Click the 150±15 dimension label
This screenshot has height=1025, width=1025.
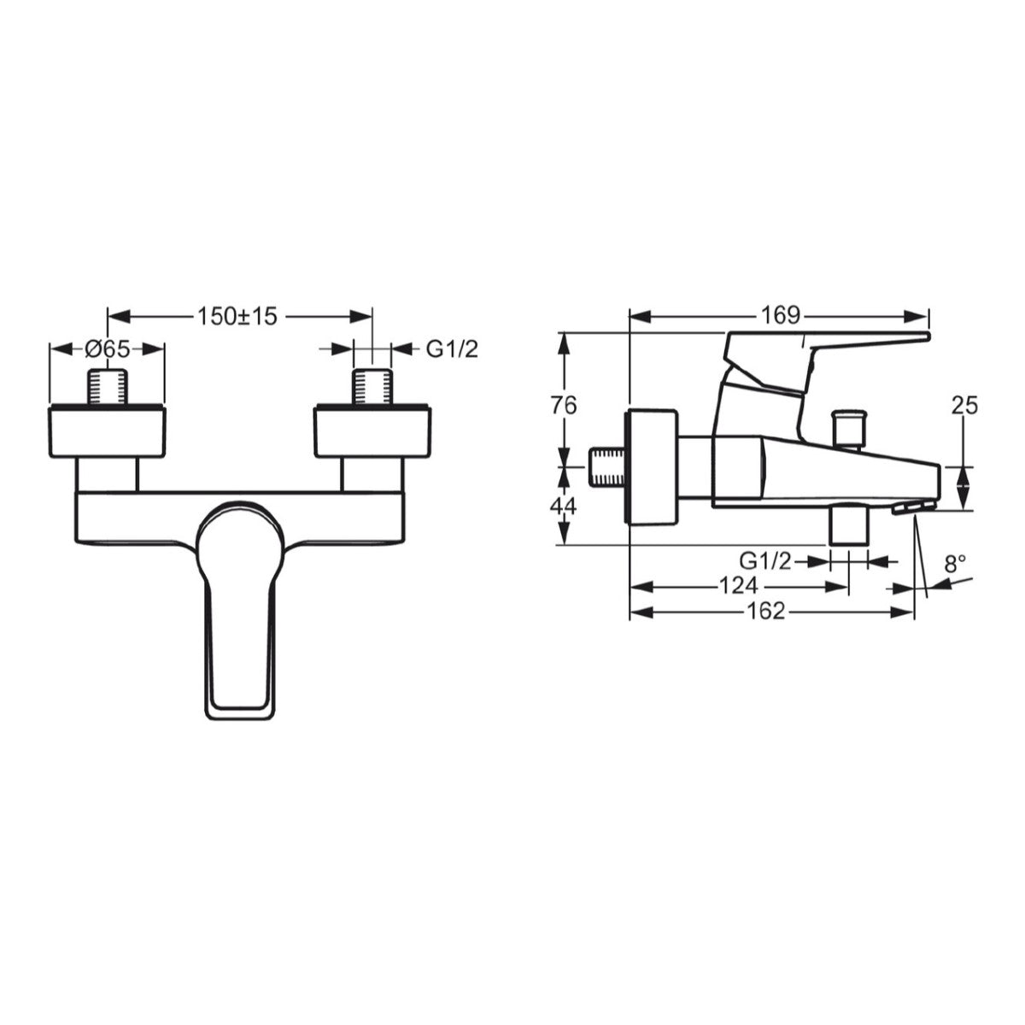tap(238, 316)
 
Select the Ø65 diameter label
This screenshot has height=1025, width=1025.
tap(107, 348)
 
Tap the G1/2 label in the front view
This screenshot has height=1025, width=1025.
tap(452, 348)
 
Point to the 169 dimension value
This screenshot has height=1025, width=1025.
tap(779, 315)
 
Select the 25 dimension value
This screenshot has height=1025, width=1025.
tap(964, 406)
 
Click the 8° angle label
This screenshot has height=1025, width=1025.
tap(955, 563)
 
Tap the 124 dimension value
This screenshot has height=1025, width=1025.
tap(737, 586)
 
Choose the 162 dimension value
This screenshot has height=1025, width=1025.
tap(764, 612)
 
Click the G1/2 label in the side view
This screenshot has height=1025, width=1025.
tap(766, 561)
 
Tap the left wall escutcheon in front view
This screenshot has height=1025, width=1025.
tap(107, 431)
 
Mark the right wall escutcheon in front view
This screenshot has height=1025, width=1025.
tap(373, 431)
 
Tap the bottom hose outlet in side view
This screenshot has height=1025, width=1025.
tap(849, 524)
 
